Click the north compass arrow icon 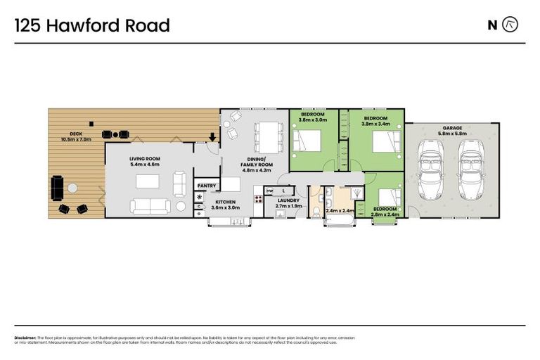click(510, 25)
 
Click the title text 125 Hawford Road click(92, 26)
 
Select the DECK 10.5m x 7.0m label click(75, 136)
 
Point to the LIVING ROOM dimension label click(144, 161)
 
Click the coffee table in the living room click(148, 181)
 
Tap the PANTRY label click(207, 186)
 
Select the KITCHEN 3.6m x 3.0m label click(226, 205)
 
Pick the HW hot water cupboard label click(269, 190)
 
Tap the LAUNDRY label click(288, 202)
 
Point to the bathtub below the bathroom click(338, 221)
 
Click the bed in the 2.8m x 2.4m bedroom click(389, 198)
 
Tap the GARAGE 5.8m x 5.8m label click(452, 130)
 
